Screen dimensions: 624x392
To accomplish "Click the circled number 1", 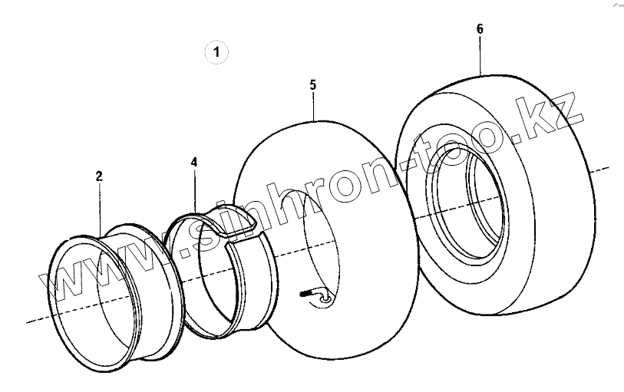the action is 216,52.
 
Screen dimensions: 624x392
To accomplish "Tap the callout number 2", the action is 99,176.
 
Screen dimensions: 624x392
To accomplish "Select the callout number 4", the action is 194,162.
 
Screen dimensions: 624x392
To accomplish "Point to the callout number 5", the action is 313,85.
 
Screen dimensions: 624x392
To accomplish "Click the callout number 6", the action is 480,29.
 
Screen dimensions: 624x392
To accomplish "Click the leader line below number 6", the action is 480,56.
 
